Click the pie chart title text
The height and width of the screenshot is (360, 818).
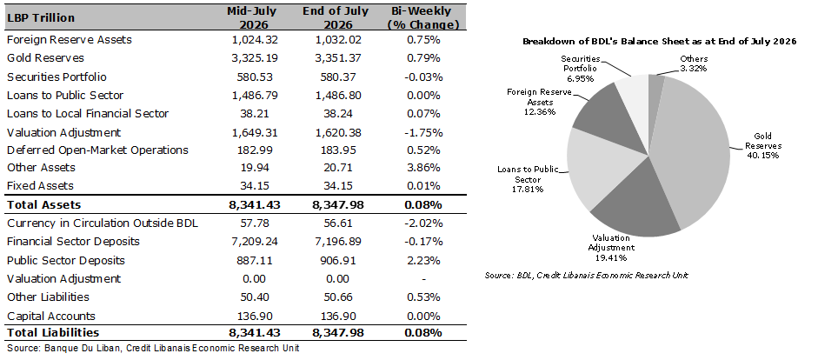click(x=660, y=42)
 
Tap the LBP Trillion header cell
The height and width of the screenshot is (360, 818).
click(x=41, y=17)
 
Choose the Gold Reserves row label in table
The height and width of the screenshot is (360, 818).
click(x=45, y=58)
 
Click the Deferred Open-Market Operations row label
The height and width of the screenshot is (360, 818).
click(x=97, y=150)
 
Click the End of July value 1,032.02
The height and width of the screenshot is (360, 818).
click(x=336, y=40)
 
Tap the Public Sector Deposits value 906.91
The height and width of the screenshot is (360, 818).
click(x=336, y=260)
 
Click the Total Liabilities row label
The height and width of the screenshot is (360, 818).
click(x=53, y=332)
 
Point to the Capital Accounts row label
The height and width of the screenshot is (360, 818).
click(x=51, y=317)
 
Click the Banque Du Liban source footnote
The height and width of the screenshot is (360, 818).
click(x=153, y=348)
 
